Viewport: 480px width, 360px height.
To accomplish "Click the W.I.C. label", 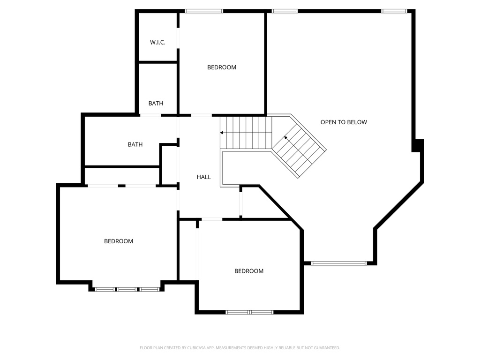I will tap(157, 42).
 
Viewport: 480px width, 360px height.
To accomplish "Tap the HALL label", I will tap(203, 177).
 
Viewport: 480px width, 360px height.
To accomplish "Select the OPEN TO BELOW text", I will tap(344, 122).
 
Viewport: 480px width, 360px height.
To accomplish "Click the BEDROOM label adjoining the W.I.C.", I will tap(222, 67).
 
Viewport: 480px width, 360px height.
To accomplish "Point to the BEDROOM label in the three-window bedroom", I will tap(119, 241).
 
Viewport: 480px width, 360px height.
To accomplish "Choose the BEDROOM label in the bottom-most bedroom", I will tap(249, 271).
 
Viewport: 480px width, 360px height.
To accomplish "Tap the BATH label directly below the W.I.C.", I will tap(156, 103).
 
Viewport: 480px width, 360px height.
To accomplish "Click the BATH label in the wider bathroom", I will tap(135, 144).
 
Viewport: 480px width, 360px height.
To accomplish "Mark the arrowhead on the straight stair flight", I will tap(222, 133).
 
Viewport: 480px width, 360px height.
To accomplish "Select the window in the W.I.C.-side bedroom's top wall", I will tap(203, 11).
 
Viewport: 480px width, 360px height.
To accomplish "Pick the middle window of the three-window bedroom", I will tap(127, 289).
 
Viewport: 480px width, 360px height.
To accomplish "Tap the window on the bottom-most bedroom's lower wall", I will tap(249, 312).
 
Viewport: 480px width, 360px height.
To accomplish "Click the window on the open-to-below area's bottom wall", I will tap(339, 263).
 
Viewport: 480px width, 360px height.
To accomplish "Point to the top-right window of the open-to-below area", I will tap(394, 11).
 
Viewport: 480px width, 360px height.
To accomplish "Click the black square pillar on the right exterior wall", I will tap(418, 145).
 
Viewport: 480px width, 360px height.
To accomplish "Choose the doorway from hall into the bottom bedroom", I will tap(212, 219).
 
